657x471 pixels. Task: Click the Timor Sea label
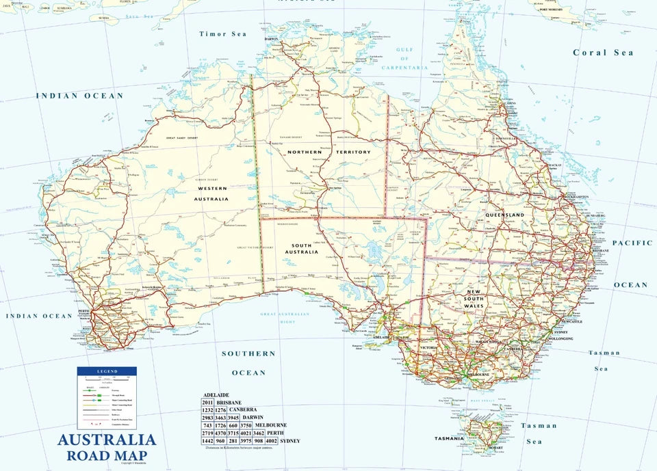coord(222,33)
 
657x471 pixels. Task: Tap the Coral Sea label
coord(603,53)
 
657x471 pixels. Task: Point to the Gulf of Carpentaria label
coord(411,59)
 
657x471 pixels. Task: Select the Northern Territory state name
coord(328,152)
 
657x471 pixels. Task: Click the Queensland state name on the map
coord(504,215)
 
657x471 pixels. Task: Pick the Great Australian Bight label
coord(285,318)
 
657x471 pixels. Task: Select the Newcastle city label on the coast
coord(572,321)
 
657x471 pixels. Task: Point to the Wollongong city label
coord(560,339)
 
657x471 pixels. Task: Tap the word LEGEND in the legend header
coord(107,371)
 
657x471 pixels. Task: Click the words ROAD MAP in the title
coord(106,455)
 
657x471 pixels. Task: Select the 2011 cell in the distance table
coord(207,403)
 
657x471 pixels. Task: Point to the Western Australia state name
coord(212,193)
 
